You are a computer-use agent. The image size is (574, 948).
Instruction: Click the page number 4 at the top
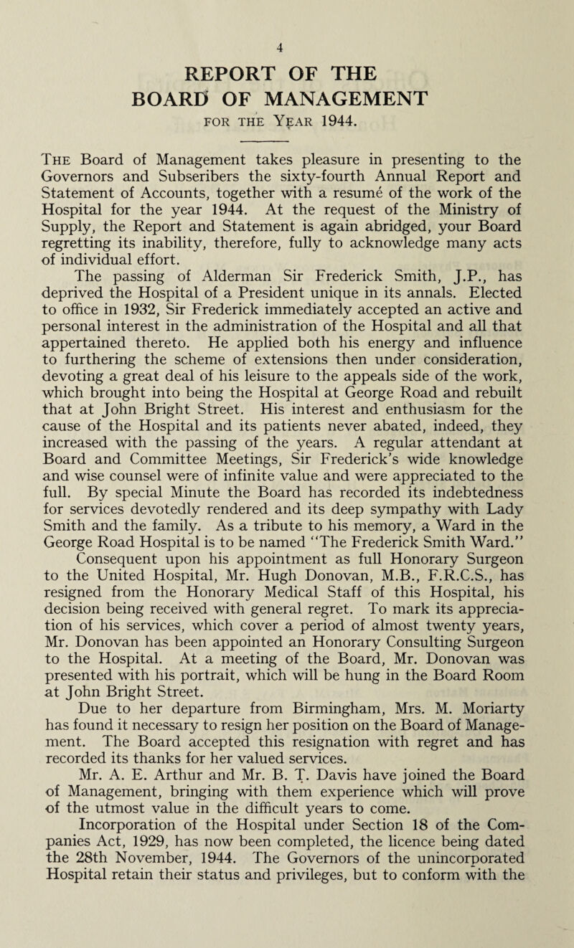[286, 10]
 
